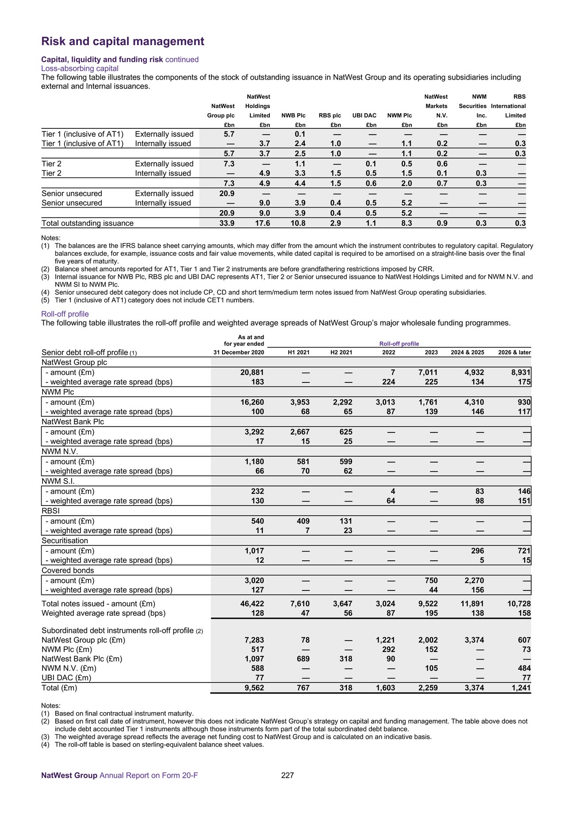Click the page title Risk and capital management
pyautogui.click(x=123, y=42)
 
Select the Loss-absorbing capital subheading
pyautogui.click(x=80, y=69)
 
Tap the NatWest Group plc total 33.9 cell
pyautogui.click(x=227, y=224)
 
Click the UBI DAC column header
pyautogui.click(x=364, y=116)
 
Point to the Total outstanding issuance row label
pyautogui.click(x=87, y=224)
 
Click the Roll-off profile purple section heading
pyautogui.click(x=65, y=314)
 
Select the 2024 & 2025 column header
pyautogui.click(x=467, y=353)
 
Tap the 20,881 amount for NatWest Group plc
pyautogui.click(x=252, y=373)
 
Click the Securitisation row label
pyautogui.click(x=65, y=541)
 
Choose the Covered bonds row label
pyautogui.click(x=68, y=571)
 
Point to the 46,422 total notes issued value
pyautogui.click(x=252, y=604)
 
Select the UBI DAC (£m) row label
pyautogui.click(x=66, y=678)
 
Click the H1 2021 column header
pyautogui.click(x=299, y=353)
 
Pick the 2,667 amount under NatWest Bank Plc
pyautogui.click(x=300, y=432)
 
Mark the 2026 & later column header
pyautogui.click(x=513, y=353)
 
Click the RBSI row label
pyautogui.click(x=50, y=511)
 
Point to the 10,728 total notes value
pyautogui.click(x=518, y=604)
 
